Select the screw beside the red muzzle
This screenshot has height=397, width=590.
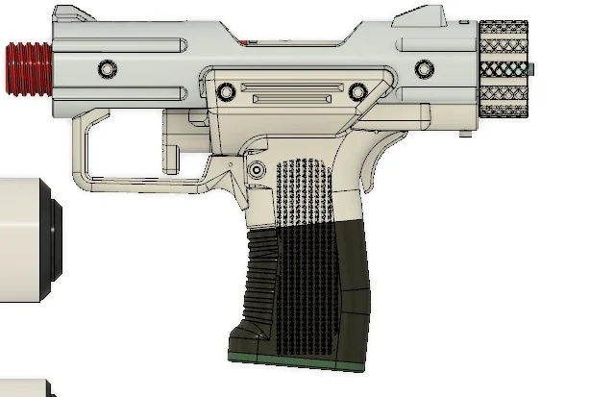106,69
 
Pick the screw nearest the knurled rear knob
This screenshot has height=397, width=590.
424,69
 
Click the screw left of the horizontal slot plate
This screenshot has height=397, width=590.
226,91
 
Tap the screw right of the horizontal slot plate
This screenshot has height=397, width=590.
357,91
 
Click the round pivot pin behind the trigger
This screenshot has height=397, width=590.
258,169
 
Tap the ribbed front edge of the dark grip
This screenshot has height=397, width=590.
258,279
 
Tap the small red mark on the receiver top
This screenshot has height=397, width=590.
246,42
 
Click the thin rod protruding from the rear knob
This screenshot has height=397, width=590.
530,69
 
